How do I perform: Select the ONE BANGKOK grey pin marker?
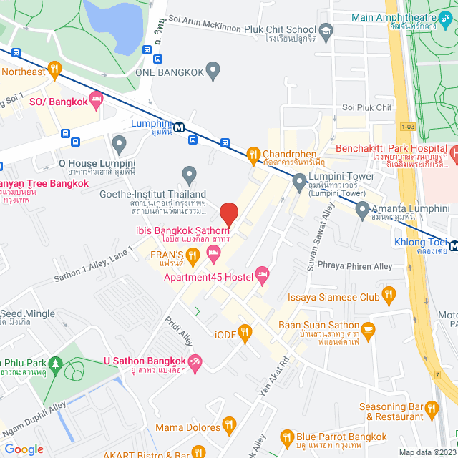213,70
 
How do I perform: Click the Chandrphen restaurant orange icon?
252,154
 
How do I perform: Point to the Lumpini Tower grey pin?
299,184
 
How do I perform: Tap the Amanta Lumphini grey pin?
363,210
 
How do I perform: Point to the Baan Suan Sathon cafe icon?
369,329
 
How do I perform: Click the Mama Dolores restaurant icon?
229,427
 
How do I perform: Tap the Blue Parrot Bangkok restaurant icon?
287,437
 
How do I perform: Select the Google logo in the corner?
24,449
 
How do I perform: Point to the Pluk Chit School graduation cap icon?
326,31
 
